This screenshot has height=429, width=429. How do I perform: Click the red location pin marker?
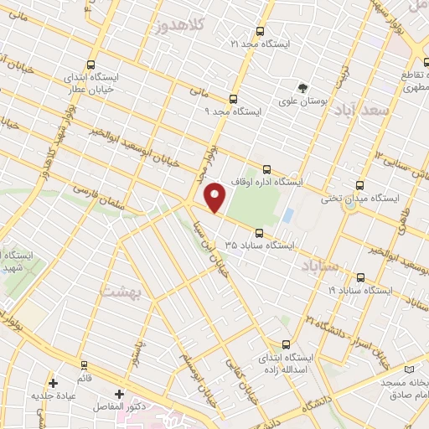[216, 198]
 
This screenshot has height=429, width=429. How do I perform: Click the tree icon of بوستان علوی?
[302, 86]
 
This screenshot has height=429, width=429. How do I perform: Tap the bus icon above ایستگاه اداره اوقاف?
[267, 168]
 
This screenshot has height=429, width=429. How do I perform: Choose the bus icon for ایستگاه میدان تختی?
[359, 185]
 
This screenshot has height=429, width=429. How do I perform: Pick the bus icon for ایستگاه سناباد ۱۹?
[360, 277]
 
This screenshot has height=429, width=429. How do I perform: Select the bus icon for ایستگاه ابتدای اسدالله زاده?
[286, 344]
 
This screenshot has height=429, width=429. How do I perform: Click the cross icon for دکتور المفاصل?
[119, 393]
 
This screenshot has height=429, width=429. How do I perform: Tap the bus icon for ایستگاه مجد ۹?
[233, 97]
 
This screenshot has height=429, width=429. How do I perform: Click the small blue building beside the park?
[287, 214]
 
